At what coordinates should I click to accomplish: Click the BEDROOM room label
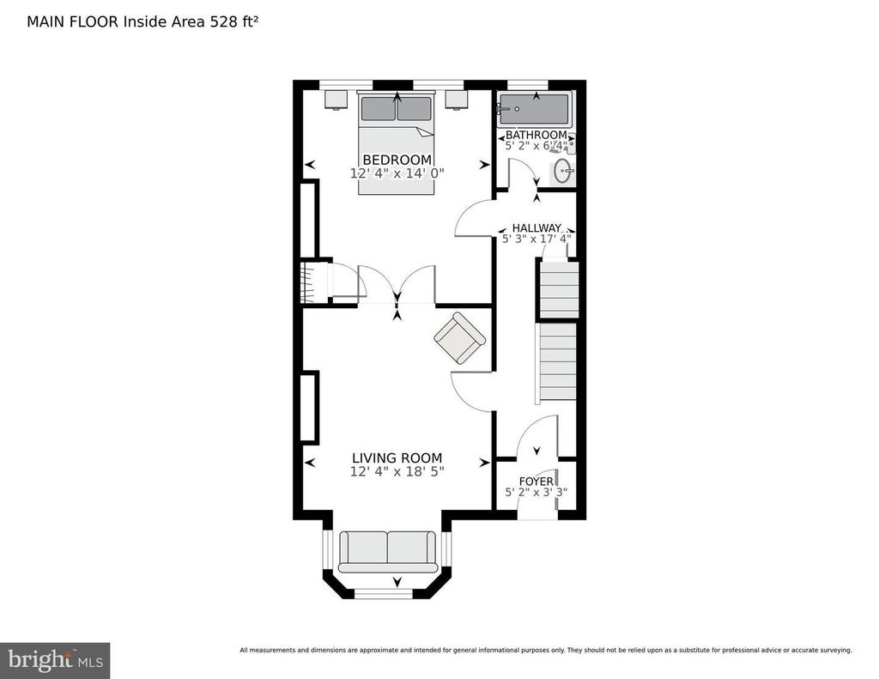click(x=397, y=160)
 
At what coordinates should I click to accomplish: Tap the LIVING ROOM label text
click(x=397, y=458)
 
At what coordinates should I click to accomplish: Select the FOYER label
click(x=536, y=482)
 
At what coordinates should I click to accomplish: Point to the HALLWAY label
click(x=536, y=228)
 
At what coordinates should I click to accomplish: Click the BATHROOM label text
click(x=536, y=135)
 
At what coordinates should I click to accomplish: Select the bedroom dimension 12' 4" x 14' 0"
click(x=397, y=173)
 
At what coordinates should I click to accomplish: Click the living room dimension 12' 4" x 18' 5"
click(x=397, y=471)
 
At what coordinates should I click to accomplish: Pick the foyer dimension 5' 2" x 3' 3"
click(x=536, y=492)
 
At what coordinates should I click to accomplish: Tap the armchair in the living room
click(x=460, y=338)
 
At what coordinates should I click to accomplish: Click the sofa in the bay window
click(x=387, y=552)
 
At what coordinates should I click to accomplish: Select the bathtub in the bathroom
click(x=534, y=109)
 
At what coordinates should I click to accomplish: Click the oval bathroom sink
click(x=563, y=171)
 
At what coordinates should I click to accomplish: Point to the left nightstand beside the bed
click(x=336, y=100)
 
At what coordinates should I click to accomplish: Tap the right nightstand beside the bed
click(x=457, y=100)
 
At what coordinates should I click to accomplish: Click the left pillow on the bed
click(x=379, y=109)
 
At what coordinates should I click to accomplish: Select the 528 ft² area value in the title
click(x=234, y=21)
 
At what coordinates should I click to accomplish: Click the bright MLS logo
click(x=55, y=660)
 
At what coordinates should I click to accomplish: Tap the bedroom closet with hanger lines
click(x=315, y=282)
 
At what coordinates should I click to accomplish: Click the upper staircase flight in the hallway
click(x=559, y=288)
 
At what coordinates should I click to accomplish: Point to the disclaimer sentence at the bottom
click(x=546, y=651)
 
